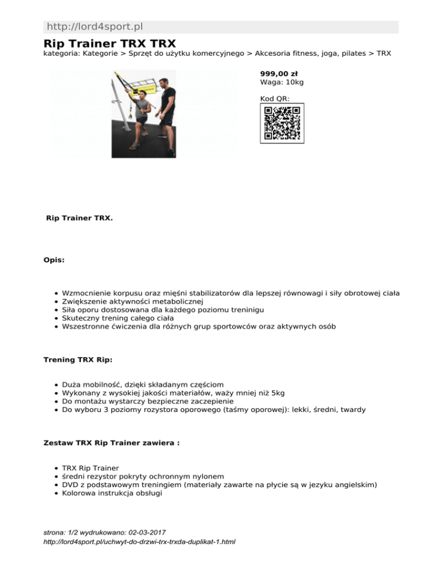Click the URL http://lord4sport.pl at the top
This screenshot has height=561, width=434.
(x=94, y=27)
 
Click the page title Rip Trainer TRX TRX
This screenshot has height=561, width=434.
(x=110, y=43)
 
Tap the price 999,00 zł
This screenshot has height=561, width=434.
(x=279, y=73)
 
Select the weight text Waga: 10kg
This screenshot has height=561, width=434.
(x=281, y=82)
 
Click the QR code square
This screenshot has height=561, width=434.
(x=281, y=123)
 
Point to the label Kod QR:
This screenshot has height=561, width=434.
(x=275, y=99)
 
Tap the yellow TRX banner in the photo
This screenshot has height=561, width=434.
(x=141, y=87)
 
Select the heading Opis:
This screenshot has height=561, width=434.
(x=54, y=260)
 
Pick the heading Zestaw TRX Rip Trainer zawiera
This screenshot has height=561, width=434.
(x=111, y=443)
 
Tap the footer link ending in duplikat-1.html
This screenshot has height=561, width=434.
(x=139, y=542)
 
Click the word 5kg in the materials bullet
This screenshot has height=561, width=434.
(x=277, y=393)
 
